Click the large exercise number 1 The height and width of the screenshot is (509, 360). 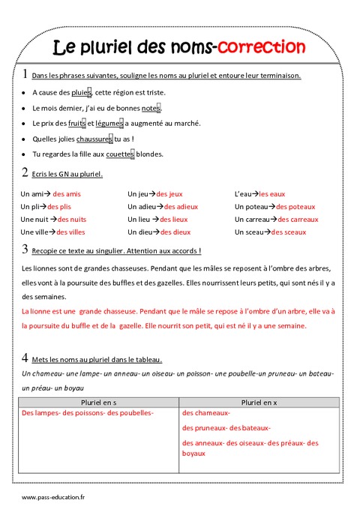tap(25, 74)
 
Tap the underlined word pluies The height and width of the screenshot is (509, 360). tap(79, 93)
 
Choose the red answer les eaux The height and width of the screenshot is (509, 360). tap(272, 194)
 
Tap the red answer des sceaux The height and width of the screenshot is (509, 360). tap(289, 232)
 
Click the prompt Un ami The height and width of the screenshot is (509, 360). tap(31, 194)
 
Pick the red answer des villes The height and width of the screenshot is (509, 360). tap(70, 232)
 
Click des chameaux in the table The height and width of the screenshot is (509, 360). tap(206, 413)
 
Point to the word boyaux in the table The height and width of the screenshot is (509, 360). tap(193, 454)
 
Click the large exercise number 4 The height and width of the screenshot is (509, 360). tap(25, 358)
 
